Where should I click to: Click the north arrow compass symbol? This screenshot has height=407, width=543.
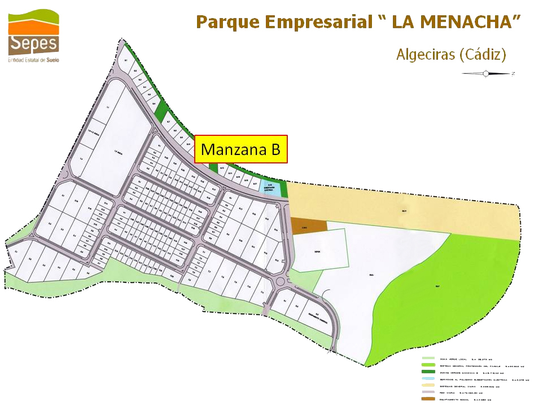(486, 73)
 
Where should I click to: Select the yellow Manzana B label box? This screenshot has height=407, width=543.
(241, 149)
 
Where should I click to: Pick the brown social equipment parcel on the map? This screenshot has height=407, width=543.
(309, 225)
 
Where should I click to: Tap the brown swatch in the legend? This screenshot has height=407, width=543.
(428, 399)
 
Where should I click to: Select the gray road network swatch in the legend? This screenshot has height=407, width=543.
(428, 392)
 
